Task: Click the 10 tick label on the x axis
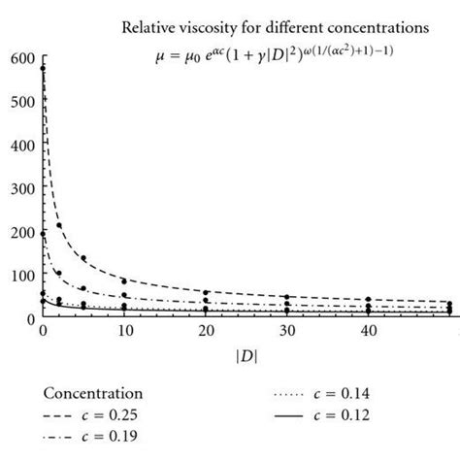(x=125, y=332)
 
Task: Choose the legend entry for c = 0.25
(x=93, y=415)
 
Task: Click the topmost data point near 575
(x=42, y=69)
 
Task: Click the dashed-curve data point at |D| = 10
(x=125, y=280)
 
